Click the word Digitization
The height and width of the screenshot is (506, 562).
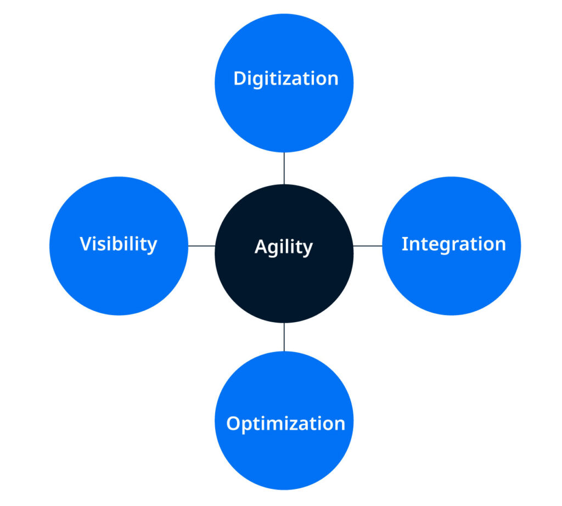(285, 78)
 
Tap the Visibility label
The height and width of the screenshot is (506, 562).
(119, 244)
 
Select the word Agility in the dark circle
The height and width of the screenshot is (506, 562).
(284, 247)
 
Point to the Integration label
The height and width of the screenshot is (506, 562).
(453, 244)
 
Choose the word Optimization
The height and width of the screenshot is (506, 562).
(285, 424)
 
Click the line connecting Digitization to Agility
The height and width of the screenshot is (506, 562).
(284, 168)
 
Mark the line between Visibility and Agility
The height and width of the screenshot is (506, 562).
(201, 246)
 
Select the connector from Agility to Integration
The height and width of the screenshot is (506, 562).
(368, 246)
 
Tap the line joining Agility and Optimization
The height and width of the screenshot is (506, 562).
(284, 336)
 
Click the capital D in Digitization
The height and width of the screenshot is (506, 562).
(240, 78)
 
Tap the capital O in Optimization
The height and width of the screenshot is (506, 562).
(234, 424)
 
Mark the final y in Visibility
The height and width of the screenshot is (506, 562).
(152, 246)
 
